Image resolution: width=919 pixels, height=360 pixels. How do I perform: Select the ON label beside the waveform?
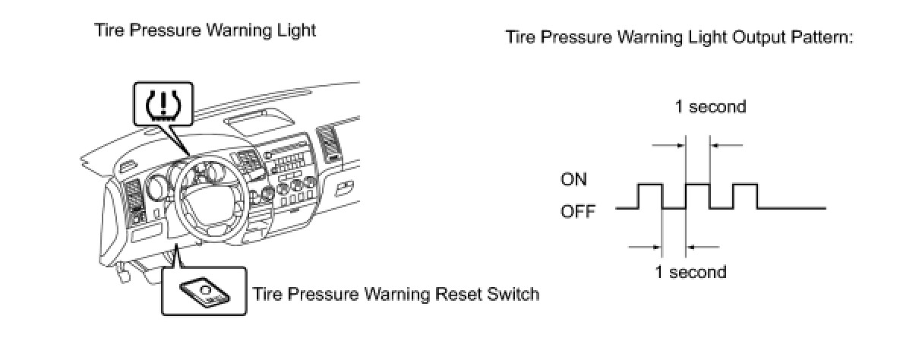point(574,180)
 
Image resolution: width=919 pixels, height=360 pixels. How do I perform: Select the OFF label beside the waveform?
point(578,210)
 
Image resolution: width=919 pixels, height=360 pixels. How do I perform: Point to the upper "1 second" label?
point(711,107)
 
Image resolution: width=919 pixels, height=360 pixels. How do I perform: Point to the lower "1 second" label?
point(690,271)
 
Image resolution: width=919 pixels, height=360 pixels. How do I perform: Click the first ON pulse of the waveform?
point(651,185)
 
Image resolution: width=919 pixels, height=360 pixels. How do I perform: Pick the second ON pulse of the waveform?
point(698,185)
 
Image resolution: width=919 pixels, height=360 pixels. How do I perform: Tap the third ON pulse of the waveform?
point(745,185)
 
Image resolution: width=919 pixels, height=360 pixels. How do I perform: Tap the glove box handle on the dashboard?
point(344,185)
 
